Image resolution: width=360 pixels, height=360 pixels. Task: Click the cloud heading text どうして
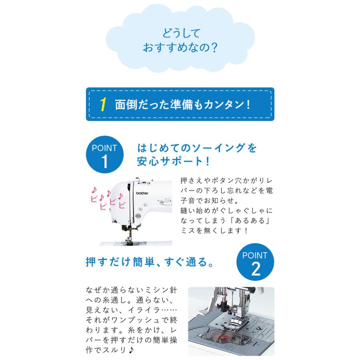click(x=180, y=32)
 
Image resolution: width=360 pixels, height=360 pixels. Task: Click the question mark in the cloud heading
click(x=213, y=48)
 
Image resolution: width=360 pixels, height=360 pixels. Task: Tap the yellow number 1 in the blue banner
click(x=103, y=105)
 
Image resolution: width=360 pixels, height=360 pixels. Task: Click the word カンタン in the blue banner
click(x=222, y=105)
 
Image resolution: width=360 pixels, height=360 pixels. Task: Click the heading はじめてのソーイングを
click(x=196, y=148)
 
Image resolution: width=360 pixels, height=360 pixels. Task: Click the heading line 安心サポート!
click(x=174, y=162)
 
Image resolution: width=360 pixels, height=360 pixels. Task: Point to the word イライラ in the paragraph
click(x=148, y=310)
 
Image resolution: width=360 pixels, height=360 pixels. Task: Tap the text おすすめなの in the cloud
click(x=174, y=48)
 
